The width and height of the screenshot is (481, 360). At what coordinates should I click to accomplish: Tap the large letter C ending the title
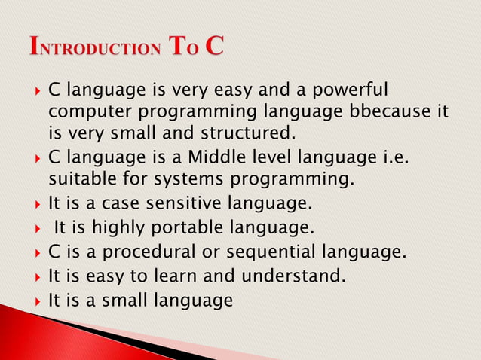[212, 46]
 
